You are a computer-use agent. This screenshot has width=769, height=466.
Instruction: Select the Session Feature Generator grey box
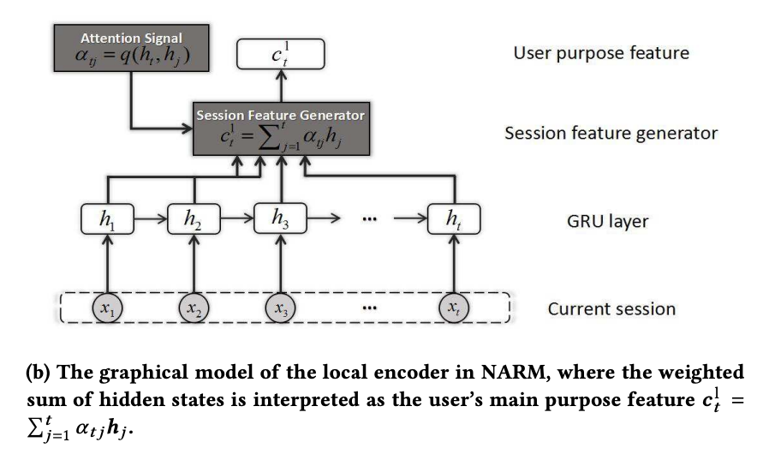tap(280, 130)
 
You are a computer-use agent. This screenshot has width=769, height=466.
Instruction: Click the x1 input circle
tap(106, 307)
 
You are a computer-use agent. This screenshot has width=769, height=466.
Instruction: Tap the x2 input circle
tap(194, 307)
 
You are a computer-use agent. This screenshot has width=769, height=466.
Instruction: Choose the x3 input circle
tap(282, 307)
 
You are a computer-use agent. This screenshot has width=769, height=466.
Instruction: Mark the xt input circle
tap(454, 307)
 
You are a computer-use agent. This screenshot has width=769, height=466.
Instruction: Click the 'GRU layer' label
tap(607, 221)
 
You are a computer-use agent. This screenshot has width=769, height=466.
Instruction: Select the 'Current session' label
tap(611, 308)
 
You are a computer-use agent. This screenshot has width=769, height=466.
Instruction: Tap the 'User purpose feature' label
tap(600, 53)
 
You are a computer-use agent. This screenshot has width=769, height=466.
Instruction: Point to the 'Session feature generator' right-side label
tap(611, 133)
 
